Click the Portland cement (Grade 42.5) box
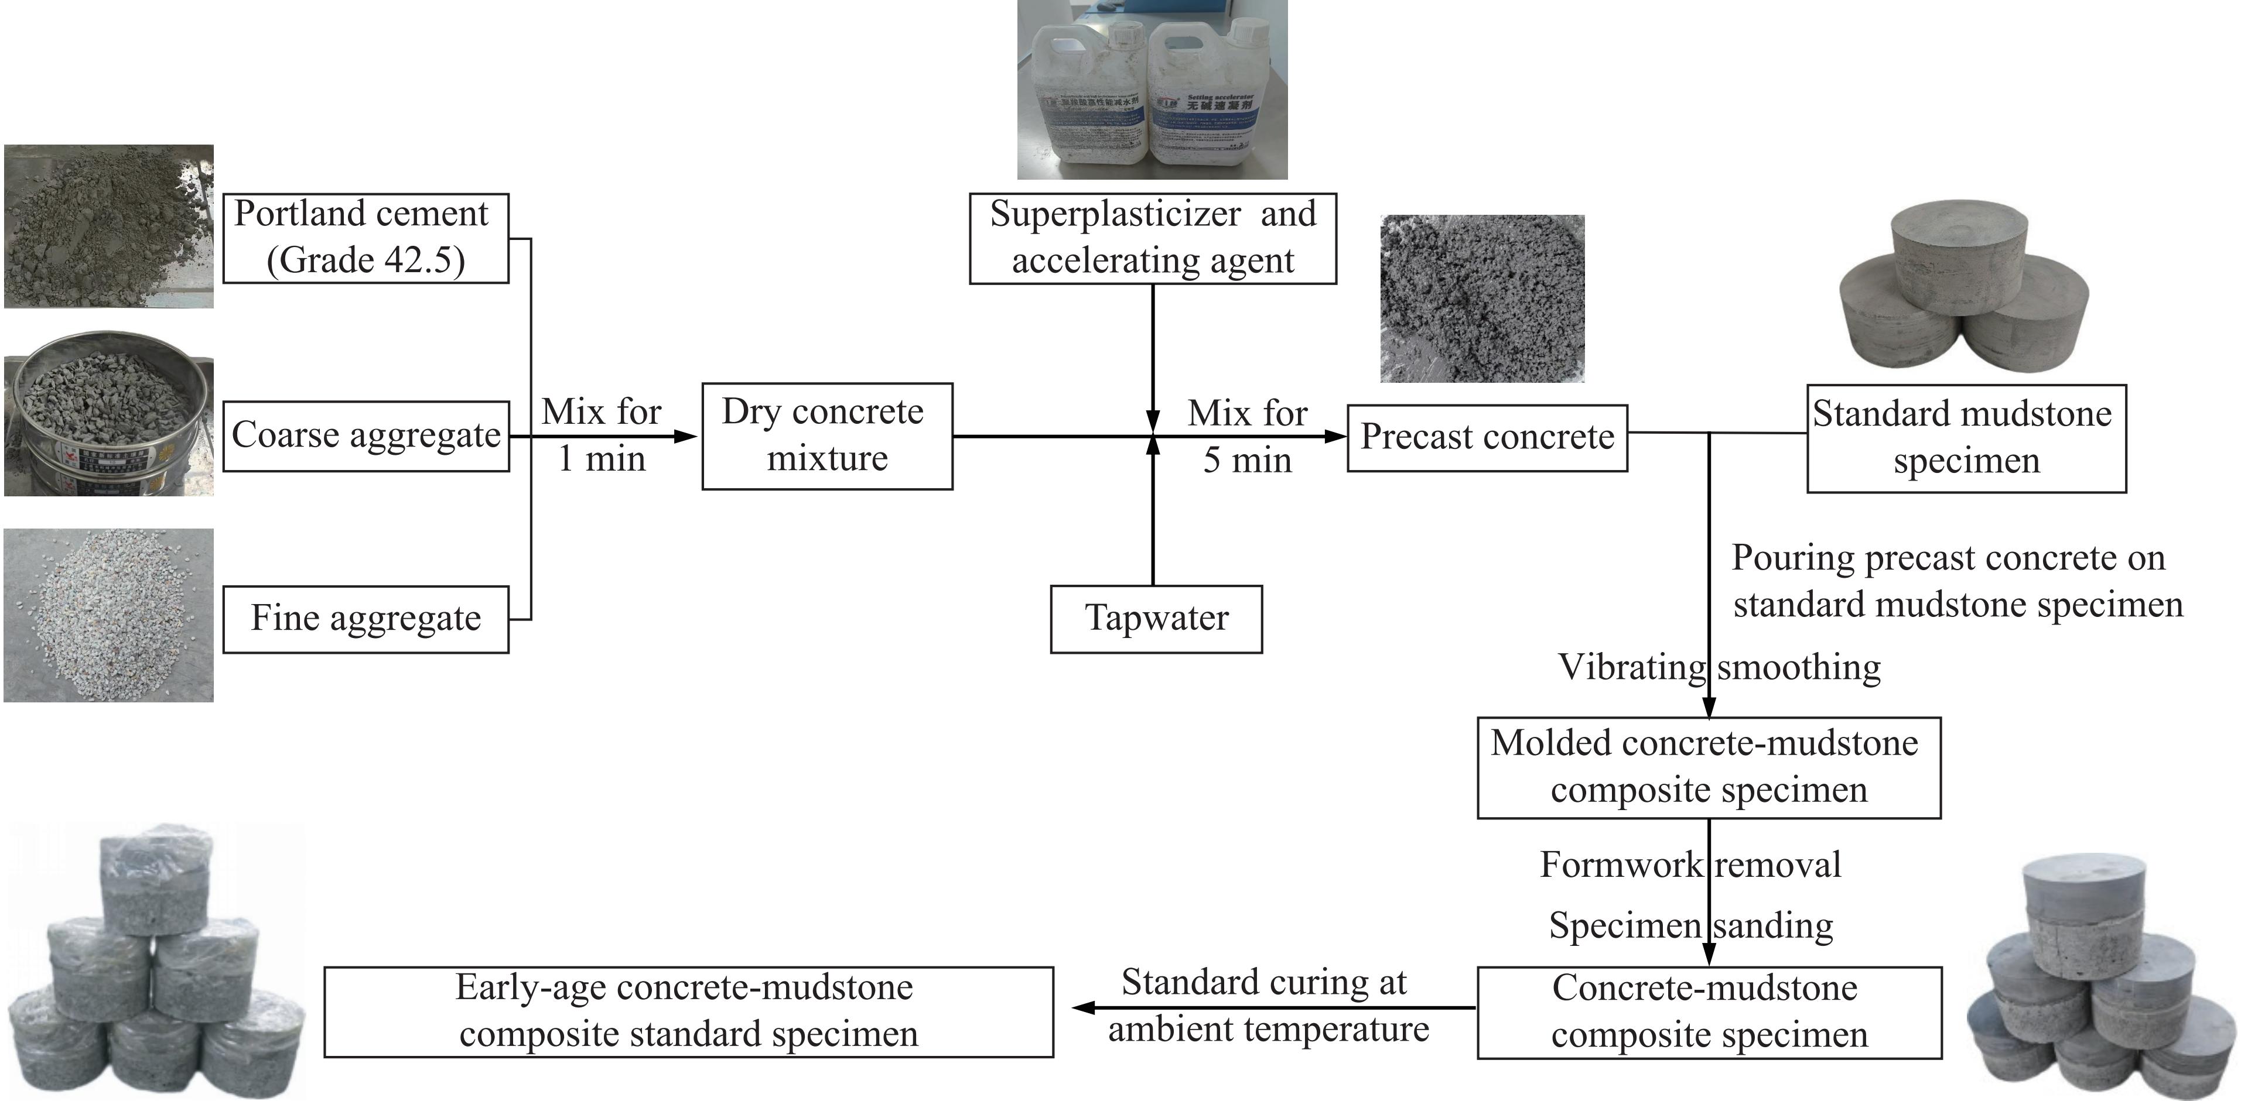pos(365,238)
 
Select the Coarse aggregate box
pos(365,435)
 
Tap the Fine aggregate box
pos(365,618)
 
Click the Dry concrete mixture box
pos(826,435)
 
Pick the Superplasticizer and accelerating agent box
pos(1153,238)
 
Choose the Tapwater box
pos(1156,618)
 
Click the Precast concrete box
pos(1487,437)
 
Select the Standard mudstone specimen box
pos(1966,437)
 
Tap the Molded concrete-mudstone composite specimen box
pos(1709,767)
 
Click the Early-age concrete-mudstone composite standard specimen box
pos(688,1011)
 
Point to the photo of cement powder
pos(109,226)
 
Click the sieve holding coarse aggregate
pos(109,413)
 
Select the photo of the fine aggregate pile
pos(109,615)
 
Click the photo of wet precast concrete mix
pos(1481,299)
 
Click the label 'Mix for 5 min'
pos(1248,437)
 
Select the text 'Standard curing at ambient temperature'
pos(1267,1006)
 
